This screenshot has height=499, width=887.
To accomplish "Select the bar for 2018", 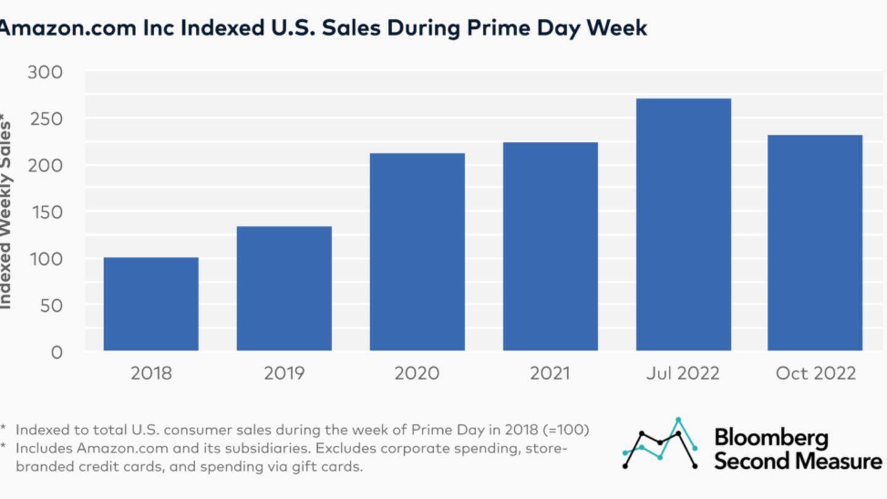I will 151,304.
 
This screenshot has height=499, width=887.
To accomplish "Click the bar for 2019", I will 284,289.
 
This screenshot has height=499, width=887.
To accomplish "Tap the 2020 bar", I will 417,252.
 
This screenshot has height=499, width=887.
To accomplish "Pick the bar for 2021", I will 550,246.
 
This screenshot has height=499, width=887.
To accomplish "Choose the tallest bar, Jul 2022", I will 683,225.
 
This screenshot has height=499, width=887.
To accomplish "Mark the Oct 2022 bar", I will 815,243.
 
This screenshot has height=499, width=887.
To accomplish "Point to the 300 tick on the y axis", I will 45,73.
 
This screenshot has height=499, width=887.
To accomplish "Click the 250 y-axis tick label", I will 45,119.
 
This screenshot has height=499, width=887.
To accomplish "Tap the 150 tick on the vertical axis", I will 45,213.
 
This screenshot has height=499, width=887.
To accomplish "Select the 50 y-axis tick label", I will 51,306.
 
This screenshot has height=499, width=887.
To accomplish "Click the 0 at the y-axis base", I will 57,352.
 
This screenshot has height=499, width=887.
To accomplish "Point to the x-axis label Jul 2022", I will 682,373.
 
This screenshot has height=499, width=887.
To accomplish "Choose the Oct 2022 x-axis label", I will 816,373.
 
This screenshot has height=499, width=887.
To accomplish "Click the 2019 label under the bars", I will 284,373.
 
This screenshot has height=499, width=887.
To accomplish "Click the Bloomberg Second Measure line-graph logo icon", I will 660,443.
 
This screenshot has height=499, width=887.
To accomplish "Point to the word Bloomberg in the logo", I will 771,437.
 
